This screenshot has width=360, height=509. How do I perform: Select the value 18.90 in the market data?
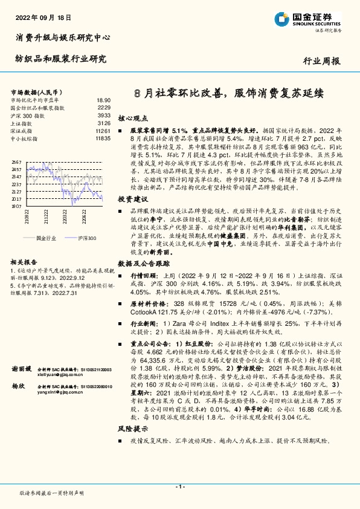pyautogui.click(x=103, y=100)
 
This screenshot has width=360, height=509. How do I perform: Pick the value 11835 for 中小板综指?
pyautogui.click(x=102, y=138)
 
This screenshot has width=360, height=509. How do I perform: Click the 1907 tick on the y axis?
pyautogui.click(x=16, y=206)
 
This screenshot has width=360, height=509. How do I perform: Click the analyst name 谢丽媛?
pyautogui.click(x=22, y=368)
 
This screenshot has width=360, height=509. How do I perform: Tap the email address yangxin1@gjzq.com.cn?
pyautogui.click(x=60, y=391)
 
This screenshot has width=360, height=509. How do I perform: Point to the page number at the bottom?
pyautogui.click(x=179, y=486)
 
